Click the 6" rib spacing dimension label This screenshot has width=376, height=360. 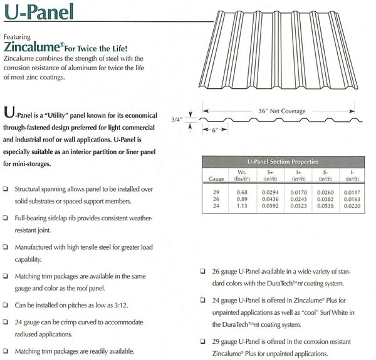pos(217,131)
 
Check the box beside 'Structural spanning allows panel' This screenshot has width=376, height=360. pos(6,189)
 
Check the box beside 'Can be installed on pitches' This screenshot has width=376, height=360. pos(6,306)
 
